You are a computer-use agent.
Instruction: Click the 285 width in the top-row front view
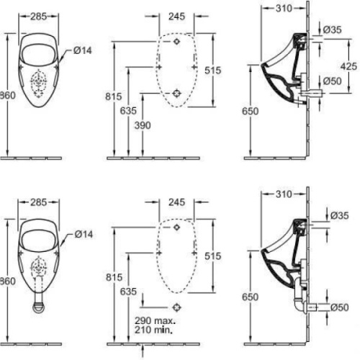coord(40,15)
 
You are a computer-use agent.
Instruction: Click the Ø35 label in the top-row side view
coord(333,30)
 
